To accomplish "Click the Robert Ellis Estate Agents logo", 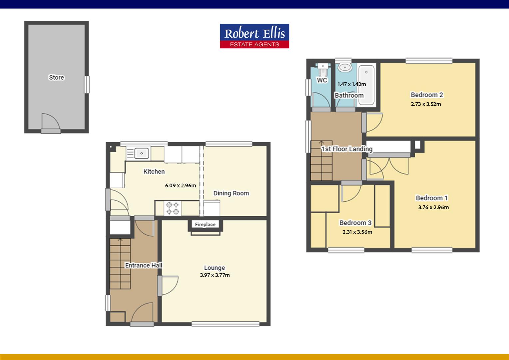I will coord(254,36).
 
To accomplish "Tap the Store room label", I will coord(56,77).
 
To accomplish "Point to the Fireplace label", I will coord(205,225).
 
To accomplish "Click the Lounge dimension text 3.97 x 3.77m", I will coord(215,275).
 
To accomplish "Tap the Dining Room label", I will coord(231,193).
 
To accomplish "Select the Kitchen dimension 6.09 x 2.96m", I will coord(181,186).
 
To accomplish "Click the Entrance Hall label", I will coord(144,265).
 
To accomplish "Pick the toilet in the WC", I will coord(322,70).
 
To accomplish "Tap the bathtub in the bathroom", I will coord(366,85).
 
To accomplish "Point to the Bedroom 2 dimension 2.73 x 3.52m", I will coord(426,104).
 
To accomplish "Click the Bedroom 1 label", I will coord(432,198).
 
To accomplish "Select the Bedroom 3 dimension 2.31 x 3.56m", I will coord(357,232).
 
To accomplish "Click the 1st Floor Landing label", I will coord(347,149).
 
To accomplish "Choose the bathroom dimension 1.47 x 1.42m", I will coord(352,84).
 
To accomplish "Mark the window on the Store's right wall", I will coord(87,85).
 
